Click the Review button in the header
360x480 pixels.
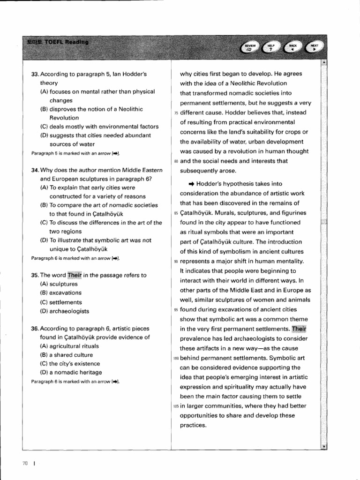250,47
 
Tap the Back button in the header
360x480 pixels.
292,47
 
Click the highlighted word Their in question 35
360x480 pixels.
75,275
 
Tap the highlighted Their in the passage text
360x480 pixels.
299,329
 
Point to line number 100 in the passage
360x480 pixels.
176,359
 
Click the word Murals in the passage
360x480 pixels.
222,213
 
